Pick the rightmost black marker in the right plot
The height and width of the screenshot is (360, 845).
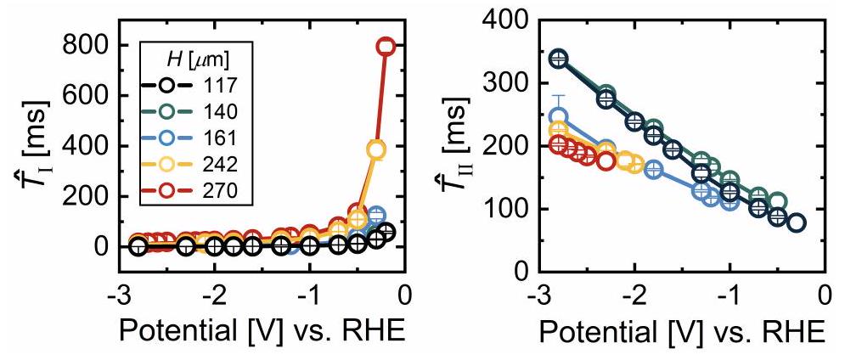pyautogui.click(x=796, y=223)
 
